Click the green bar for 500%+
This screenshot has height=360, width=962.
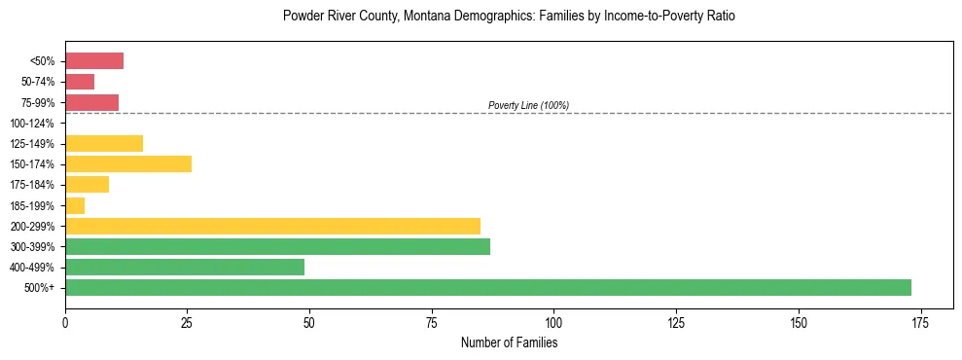(x=487, y=287)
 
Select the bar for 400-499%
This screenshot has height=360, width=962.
(x=185, y=267)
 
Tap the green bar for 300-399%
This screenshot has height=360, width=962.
(x=277, y=246)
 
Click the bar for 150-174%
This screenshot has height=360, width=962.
(x=128, y=163)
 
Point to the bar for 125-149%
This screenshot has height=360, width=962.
(x=104, y=143)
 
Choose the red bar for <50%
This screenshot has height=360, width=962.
(x=94, y=60)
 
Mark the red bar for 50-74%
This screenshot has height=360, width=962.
(x=80, y=82)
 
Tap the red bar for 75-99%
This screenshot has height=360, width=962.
(x=91, y=102)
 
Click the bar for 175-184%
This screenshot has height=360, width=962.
(x=87, y=184)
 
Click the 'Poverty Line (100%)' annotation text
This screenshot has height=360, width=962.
(x=528, y=105)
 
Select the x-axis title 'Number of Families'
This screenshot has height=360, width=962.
(x=509, y=342)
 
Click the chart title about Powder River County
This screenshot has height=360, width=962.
(x=509, y=17)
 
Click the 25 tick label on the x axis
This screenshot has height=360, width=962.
(x=187, y=321)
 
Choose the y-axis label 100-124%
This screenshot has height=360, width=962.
(x=33, y=123)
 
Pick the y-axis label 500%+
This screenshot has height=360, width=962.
(x=41, y=288)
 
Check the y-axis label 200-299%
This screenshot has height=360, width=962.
(x=33, y=226)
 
